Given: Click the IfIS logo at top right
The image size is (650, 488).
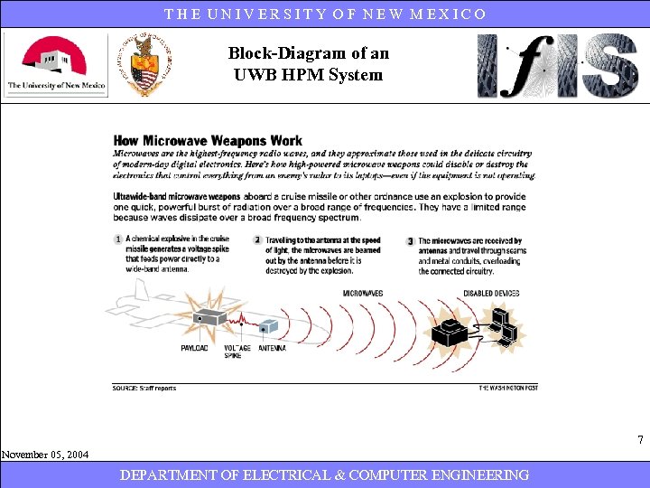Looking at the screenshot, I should click(x=557, y=65).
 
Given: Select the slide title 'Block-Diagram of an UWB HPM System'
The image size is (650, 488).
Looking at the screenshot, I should click(x=308, y=64).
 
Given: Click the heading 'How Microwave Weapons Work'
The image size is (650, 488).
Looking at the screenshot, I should click(x=208, y=141).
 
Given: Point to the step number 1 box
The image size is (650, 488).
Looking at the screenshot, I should click(x=118, y=239).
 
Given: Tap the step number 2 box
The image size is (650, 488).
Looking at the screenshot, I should click(x=257, y=239).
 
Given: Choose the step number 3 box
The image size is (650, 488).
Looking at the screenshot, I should click(x=411, y=241).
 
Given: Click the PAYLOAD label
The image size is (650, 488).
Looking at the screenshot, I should click(x=195, y=348).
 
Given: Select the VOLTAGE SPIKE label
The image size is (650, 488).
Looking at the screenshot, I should click(x=237, y=352).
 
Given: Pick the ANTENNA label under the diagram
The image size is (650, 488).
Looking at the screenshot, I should click(x=273, y=348).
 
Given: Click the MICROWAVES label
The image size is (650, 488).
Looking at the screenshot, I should click(x=363, y=293).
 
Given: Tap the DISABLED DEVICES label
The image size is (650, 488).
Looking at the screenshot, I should click(x=491, y=293).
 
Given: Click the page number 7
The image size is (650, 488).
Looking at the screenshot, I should click(x=640, y=441).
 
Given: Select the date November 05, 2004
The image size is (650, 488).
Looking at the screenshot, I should click(x=45, y=455).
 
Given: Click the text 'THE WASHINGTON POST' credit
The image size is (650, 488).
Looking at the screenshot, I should click(x=508, y=388).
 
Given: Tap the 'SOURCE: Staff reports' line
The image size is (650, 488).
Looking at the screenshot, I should click(x=144, y=388).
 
